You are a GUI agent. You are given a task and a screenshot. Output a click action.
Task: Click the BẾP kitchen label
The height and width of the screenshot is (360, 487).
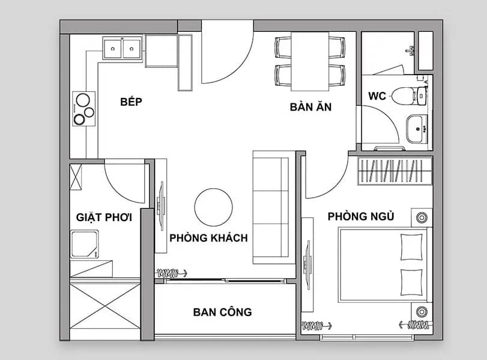pos(131,102)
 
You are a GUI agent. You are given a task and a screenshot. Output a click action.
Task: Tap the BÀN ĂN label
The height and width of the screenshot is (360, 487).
pos(310,106)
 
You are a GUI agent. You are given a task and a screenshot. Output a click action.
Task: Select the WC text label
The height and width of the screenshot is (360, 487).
pos(377,96)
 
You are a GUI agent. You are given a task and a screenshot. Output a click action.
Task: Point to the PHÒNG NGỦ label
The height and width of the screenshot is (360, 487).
pos(361,216)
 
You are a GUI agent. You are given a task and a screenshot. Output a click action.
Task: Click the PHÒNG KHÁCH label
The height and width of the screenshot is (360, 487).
pos(209,238)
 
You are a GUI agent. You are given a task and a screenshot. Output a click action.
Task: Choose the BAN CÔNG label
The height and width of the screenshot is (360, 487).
pos(222,312)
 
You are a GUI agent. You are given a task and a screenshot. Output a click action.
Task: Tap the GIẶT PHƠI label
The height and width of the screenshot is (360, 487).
pos(104,217)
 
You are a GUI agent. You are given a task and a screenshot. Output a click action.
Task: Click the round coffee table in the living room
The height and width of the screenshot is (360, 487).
pos(213,207)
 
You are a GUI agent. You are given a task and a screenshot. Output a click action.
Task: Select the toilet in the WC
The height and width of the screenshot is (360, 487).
pos(409,96)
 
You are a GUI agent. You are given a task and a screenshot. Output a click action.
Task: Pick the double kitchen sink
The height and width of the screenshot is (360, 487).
pos(122,49)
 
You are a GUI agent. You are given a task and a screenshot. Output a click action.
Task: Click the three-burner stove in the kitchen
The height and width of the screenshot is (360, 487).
pos(84,109)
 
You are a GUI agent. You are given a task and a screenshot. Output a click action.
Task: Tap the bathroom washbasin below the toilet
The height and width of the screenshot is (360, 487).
pos(417,129)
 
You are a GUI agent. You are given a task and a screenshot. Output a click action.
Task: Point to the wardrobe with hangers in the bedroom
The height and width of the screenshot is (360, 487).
pos(395,171)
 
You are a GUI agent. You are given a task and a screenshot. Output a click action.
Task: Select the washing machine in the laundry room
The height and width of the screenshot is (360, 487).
pos(84,244)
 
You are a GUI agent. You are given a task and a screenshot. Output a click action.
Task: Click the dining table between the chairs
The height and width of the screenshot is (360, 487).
pos(310,61)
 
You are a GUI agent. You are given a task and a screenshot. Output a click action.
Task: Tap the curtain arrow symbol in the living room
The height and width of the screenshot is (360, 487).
pos(172,273)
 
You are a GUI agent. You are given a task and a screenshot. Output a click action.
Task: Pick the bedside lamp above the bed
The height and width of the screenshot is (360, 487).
pos(422,218)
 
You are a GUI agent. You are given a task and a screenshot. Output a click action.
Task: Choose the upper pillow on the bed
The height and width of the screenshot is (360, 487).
pos(412,247)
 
